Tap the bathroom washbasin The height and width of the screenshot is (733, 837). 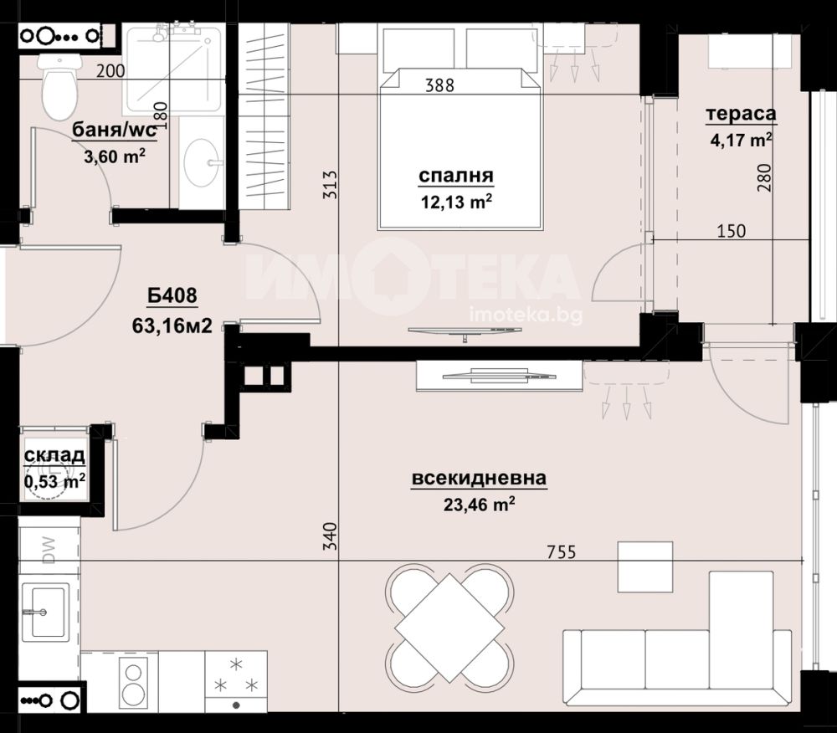(x=202, y=162)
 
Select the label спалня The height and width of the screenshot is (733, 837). (x=456, y=176)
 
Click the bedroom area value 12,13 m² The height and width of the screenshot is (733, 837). (x=456, y=202)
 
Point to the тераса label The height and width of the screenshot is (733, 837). (x=741, y=114)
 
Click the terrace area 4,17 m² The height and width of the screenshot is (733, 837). (x=741, y=140)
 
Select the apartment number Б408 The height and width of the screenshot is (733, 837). (x=172, y=295)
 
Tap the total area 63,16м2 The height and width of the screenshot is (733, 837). (x=172, y=325)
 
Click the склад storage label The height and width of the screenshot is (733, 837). (x=54, y=455)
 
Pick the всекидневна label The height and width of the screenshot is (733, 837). (x=480, y=478)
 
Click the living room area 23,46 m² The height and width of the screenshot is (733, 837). (x=480, y=504)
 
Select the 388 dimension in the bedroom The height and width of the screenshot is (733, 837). (x=440, y=85)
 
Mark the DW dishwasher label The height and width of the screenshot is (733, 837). (x=49, y=551)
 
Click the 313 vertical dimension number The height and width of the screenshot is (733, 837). (x=331, y=185)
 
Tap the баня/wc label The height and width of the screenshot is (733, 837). (x=115, y=130)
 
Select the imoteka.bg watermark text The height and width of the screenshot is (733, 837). (x=526, y=315)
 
